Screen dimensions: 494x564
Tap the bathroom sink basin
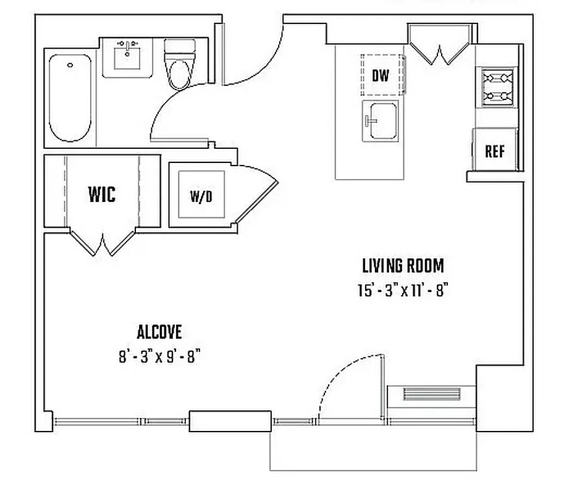pyautogui.click(x=128, y=57)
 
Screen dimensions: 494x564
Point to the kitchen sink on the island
pyautogui.click(x=380, y=121)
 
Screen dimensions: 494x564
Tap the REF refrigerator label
pyautogui.click(x=494, y=152)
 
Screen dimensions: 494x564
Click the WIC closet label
pyautogui.click(x=102, y=195)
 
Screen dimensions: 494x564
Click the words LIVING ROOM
pyautogui.click(x=402, y=266)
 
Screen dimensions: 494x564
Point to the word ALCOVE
pyautogui.click(x=159, y=332)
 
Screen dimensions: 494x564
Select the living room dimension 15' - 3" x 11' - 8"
pyautogui.click(x=402, y=290)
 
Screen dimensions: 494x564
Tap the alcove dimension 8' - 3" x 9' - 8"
pyautogui.click(x=160, y=357)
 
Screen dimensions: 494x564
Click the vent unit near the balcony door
pyautogui.click(x=431, y=394)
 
